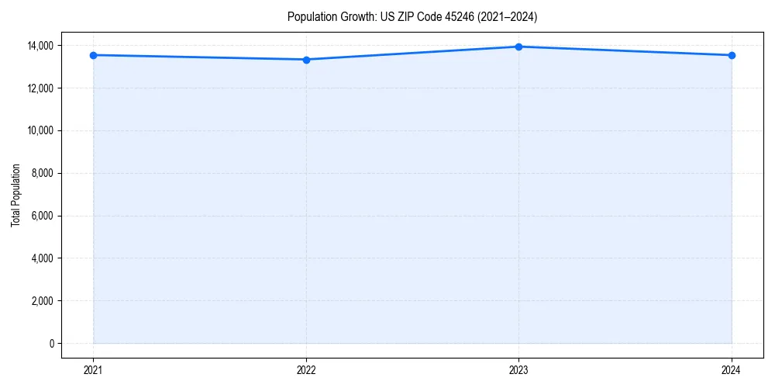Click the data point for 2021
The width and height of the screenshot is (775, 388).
(x=93, y=55)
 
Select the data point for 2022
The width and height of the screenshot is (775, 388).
(x=306, y=60)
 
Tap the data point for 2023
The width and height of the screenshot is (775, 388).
(x=518, y=47)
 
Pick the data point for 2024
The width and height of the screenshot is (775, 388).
(x=732, y=55)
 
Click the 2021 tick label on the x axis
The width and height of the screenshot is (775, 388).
(x=93, y=369)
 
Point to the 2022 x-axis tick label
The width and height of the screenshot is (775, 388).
(x=306, y=369)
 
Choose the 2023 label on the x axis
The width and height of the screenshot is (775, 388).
(x=518, y=369)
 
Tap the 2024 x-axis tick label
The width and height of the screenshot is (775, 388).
(x=732, y=369)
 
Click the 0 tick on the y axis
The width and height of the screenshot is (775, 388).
(x=50, y=343)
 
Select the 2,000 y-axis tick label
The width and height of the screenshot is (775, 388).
(x=42, y=301)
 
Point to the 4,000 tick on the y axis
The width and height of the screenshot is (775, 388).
(x=42, y=258)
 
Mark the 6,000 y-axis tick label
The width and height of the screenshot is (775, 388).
(x=42, y=216)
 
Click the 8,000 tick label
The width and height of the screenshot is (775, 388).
(x=42, y=173)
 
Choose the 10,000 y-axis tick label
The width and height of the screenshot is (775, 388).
(x=40, y=130)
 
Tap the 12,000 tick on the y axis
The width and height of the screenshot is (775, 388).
(x=40, y=88)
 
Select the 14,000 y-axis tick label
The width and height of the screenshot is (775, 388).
(x=40, y=46)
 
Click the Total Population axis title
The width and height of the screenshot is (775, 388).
(x=15, y=195)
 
